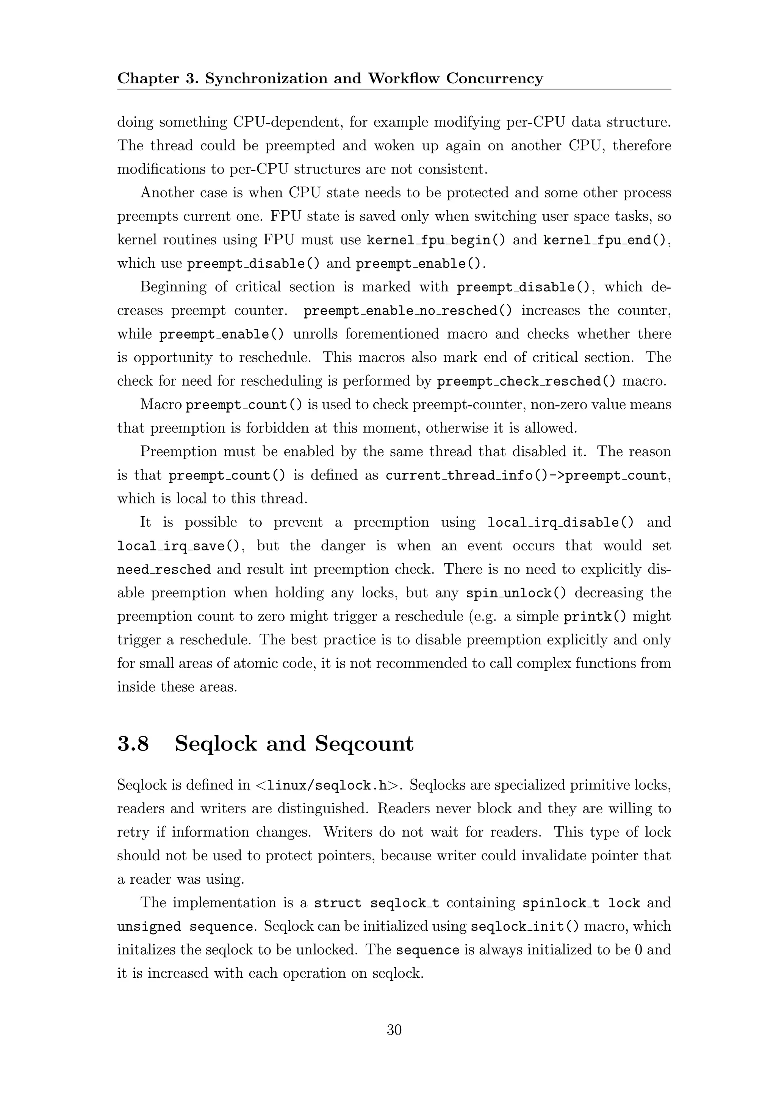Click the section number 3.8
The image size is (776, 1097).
[133, 744]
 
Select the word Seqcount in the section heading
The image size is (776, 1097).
[364, 744]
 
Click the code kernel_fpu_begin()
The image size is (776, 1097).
[435, 240]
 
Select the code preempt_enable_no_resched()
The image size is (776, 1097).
[408, 311]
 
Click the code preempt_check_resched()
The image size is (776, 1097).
[526, 381]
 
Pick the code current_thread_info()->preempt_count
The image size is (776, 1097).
[526, 475]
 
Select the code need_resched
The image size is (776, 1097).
[164, 569]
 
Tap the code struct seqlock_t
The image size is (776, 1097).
[377, 903]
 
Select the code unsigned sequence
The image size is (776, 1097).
[185, 927]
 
